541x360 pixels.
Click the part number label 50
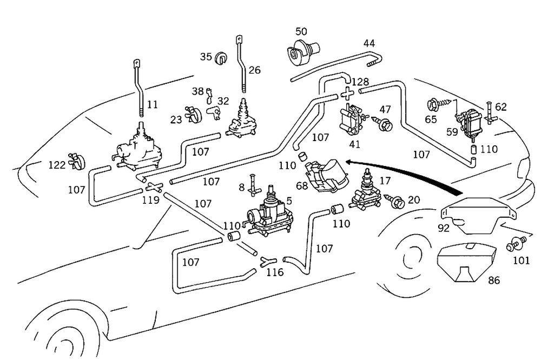click(301, 31)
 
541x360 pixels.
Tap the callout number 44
click(370, 43)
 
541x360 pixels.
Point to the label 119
click(150, 200)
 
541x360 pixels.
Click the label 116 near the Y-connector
click(275, 272)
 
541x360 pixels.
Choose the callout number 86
click(494, 281)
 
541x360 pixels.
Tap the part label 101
click(522, 259)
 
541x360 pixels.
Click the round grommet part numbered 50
click(299, 53)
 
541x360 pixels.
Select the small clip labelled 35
click(221, 57)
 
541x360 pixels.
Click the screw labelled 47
click(385, 125)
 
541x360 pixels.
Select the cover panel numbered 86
click(466, 264)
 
